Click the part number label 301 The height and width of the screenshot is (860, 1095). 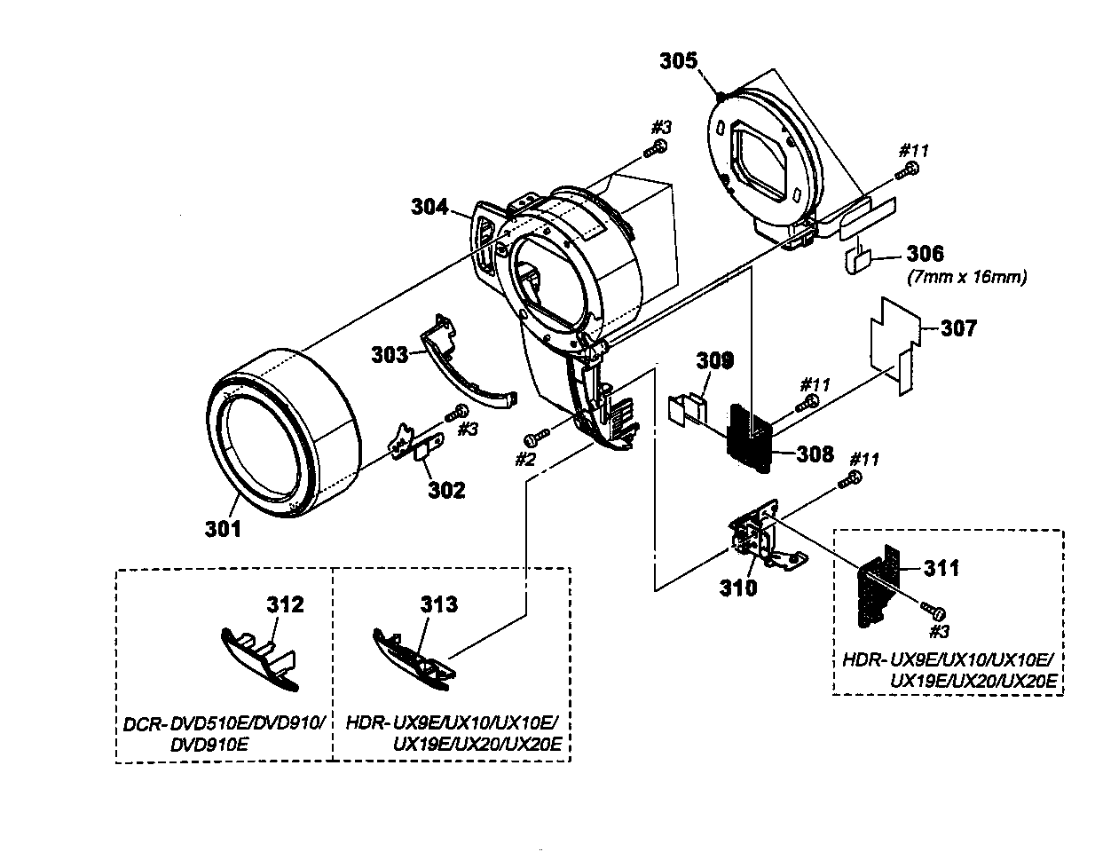coord(224,529)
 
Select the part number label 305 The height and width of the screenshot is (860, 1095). coord(679,61)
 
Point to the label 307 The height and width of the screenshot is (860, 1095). coord(957,328)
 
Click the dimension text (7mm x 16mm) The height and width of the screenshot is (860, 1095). coord(966,277)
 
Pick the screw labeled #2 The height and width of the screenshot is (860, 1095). coord(532,438)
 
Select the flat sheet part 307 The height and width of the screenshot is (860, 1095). coord(892,342)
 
